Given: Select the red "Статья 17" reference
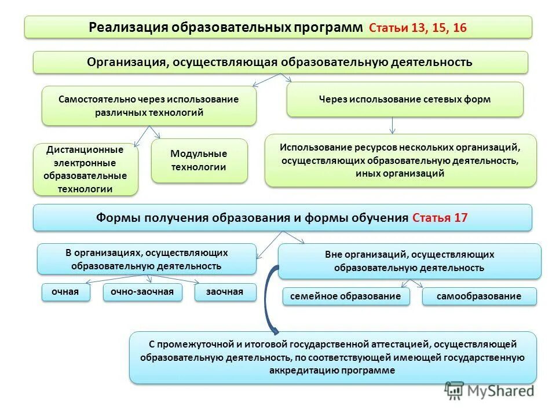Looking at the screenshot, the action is [x=440, y=218].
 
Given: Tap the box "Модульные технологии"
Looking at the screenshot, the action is [x=199, y=160].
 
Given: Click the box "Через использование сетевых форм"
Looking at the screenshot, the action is [x=405, y=100].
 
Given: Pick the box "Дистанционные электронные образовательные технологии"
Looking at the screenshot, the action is [x=86, y=169].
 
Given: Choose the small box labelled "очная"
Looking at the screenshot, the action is [x=65, y=292].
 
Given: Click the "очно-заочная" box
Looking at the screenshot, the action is [x=142, y=292].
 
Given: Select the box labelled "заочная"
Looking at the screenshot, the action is [x=225, y=292].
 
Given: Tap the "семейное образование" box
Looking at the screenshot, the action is [x=346, y=296].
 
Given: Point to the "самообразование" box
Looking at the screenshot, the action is [x=479, y=296].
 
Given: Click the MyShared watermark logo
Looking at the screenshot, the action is [x=489, y=390].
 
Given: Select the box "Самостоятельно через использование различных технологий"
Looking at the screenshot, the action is [x=149, y=106].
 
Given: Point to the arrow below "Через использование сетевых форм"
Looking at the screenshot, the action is [x=393, y=125].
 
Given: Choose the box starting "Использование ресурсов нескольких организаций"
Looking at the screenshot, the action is [x=401, y=160].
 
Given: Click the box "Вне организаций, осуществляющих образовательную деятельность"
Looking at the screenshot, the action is [x=409, y=261].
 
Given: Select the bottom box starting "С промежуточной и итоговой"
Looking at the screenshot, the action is [x=332, y=357].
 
